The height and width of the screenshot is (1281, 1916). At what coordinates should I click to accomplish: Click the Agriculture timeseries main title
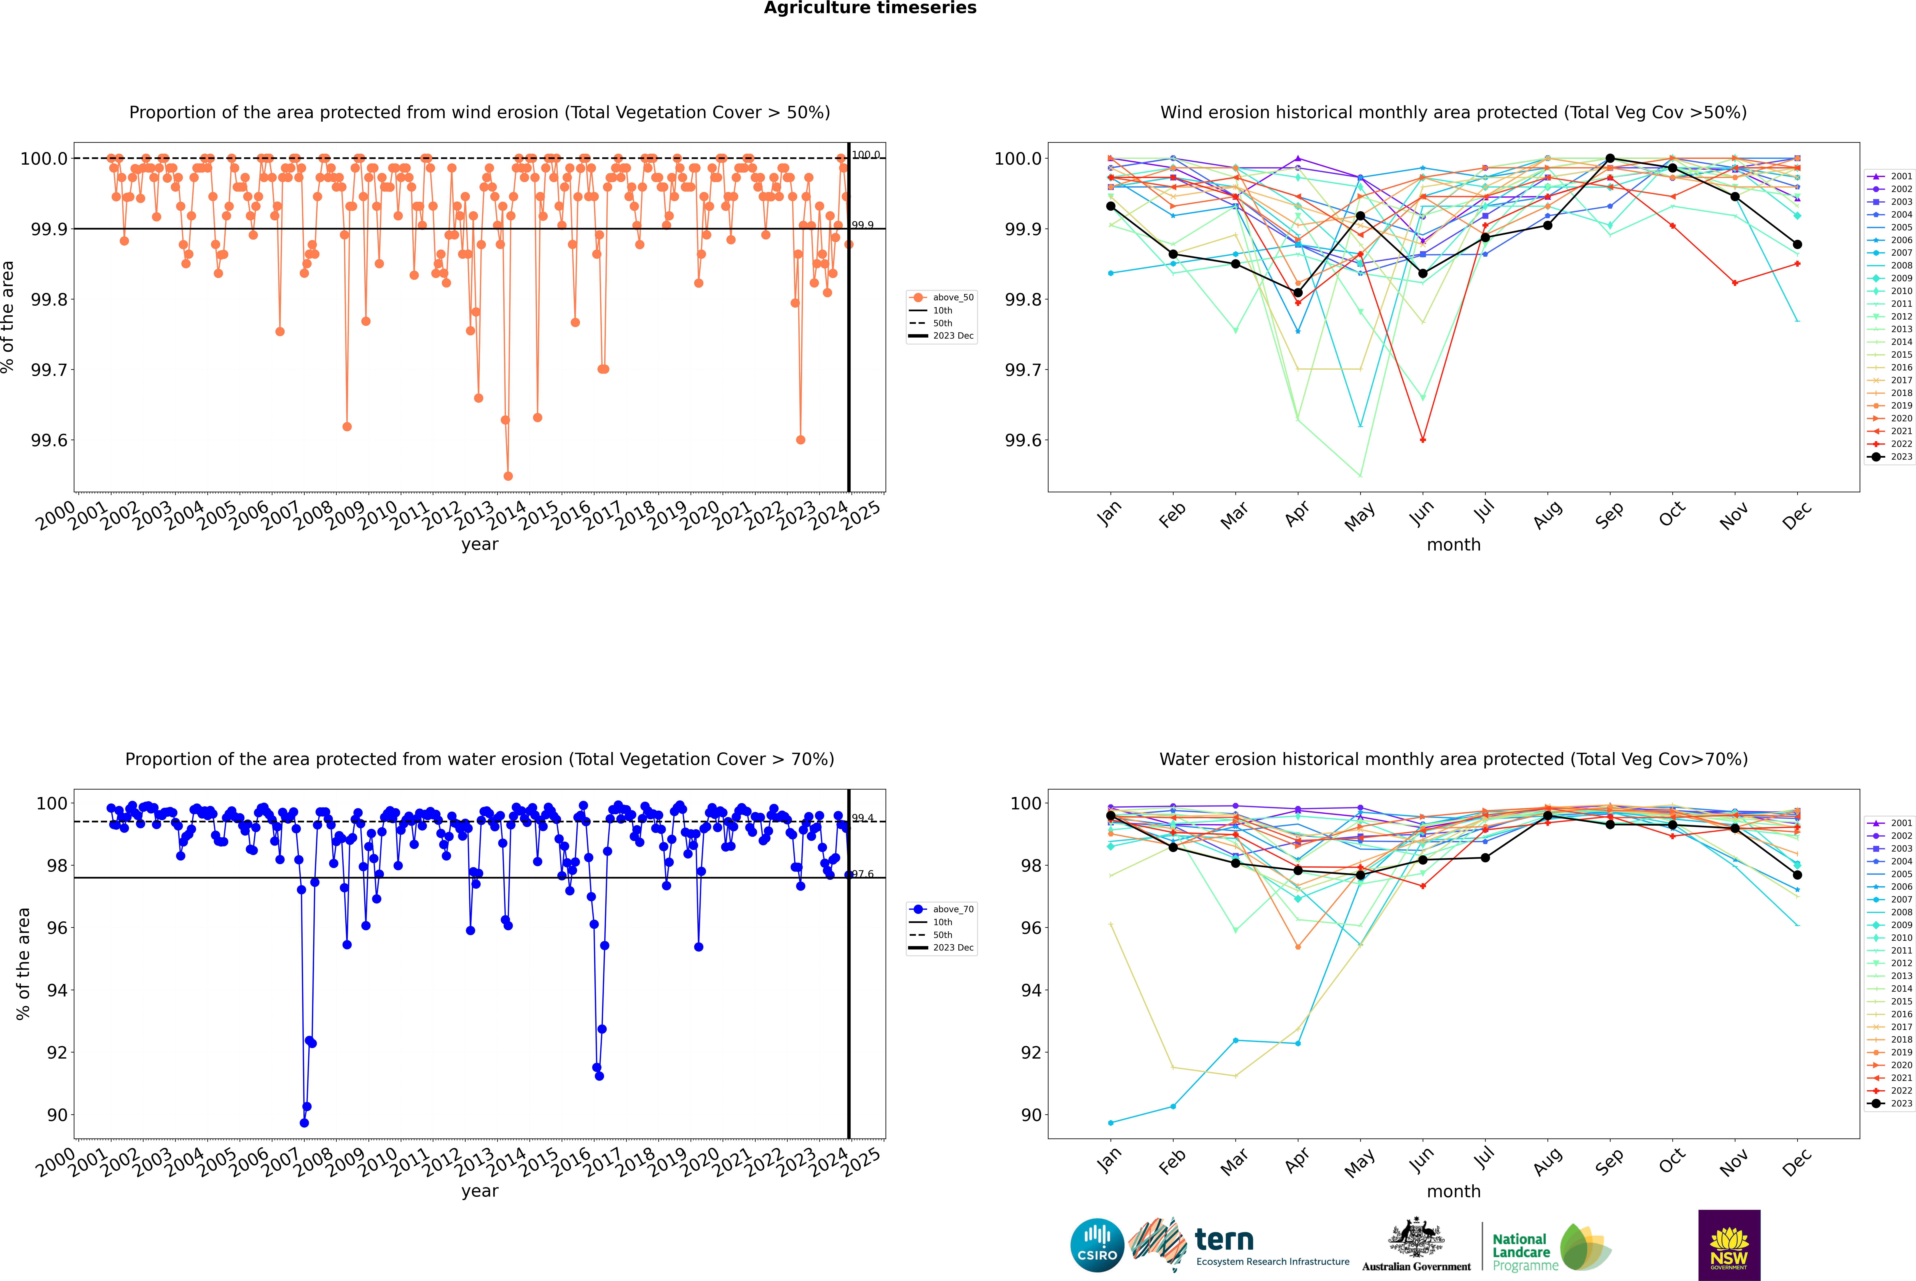tap(870, 8)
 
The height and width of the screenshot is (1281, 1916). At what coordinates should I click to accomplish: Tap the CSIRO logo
tap(1097, 1245)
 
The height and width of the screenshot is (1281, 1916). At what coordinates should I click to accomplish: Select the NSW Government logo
tap(1729, 1245)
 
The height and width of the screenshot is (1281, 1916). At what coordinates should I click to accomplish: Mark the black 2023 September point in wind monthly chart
tap(1610, 159)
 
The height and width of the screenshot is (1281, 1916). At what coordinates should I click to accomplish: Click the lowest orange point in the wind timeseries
tap(508, 475)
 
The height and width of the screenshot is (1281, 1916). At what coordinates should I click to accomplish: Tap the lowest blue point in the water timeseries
tap(304, 1122)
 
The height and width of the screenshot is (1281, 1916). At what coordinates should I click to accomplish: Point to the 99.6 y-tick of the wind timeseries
tap(49, 440)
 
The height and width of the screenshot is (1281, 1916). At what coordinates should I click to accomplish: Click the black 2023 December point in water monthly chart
tap(1797, 875)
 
